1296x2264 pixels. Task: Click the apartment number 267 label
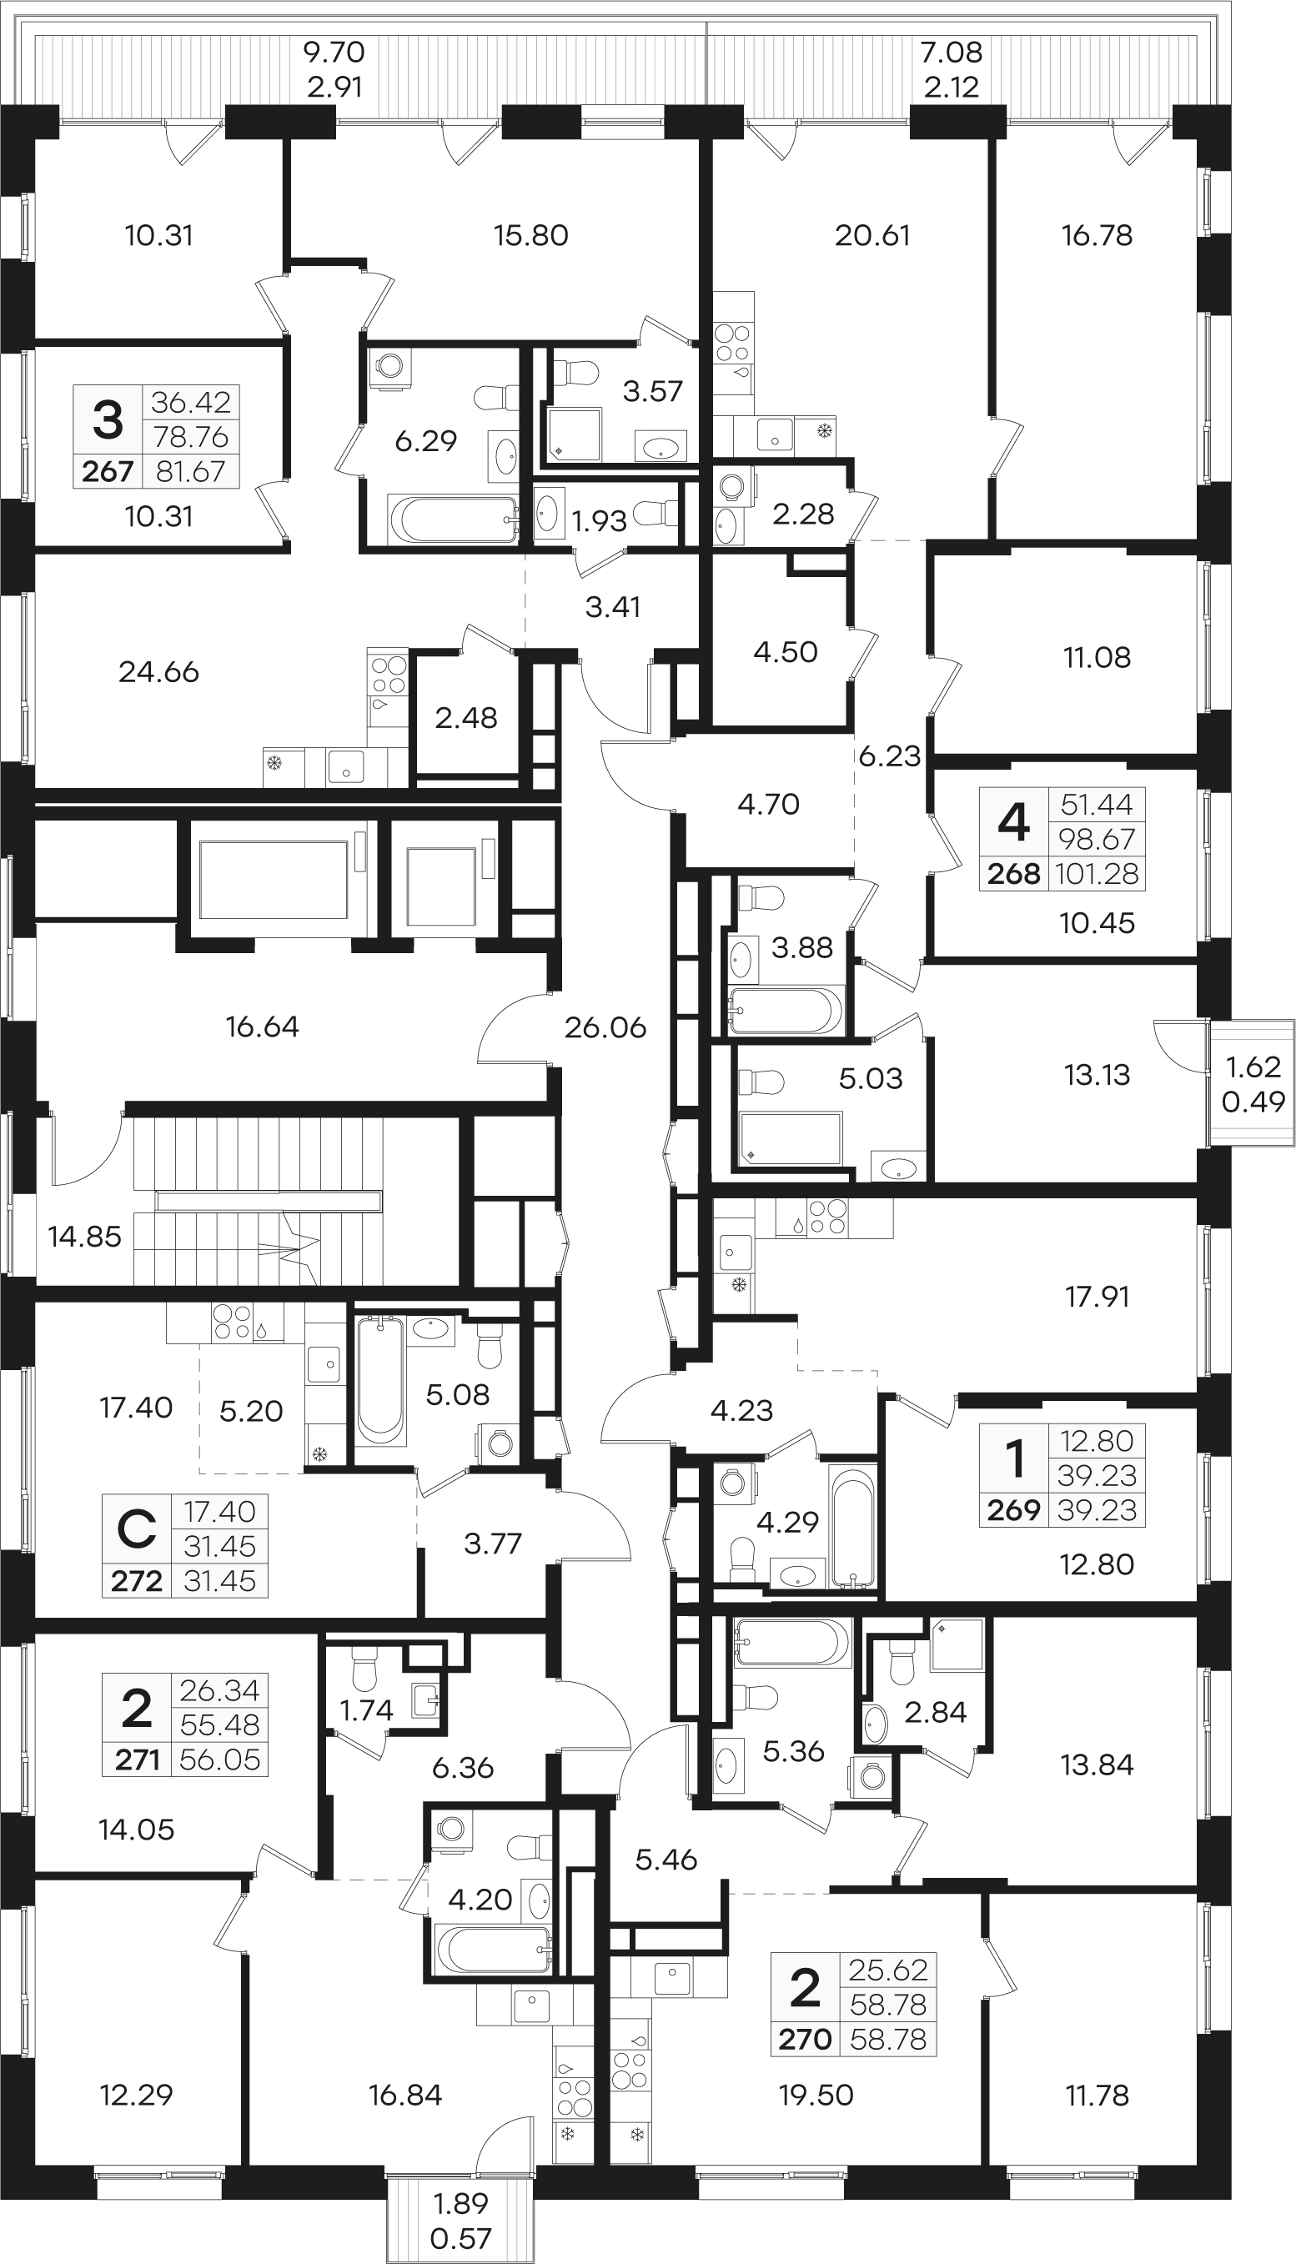pos(108,472)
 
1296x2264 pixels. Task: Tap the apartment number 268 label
pos(1014,874)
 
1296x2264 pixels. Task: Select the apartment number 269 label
pos(1014,1510)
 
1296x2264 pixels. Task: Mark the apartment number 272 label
pos(136,1581)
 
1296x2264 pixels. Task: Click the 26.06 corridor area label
pos(605,1028)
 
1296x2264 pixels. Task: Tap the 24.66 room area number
pos(158,672)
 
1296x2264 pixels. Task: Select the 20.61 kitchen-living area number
pos(872,236)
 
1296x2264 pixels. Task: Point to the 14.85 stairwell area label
pos(84,1236)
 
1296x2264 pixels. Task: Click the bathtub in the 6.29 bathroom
pos(453,519)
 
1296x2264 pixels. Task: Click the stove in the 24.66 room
pos(388,675)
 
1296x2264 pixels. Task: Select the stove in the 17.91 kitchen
pos(828,1218)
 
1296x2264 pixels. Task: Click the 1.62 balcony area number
pos(1253,1067)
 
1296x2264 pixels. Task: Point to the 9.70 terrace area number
pos(334,53)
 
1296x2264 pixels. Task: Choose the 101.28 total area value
pos(1097,874)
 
